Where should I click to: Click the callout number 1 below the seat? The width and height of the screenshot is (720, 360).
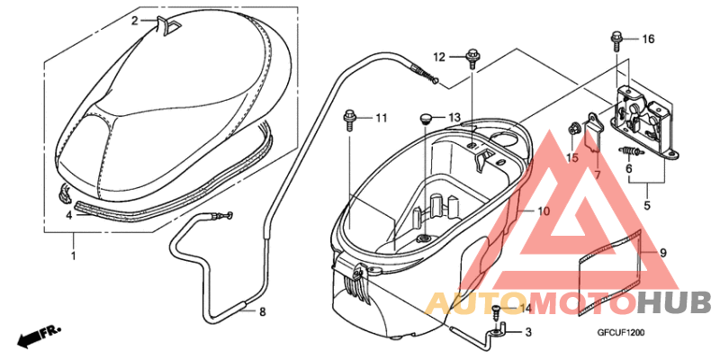click(x=74, y=256)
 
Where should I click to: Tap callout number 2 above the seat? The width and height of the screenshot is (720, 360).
click(x=135, y=20)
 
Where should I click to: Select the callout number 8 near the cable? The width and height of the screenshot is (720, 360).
click(x=263, y=312)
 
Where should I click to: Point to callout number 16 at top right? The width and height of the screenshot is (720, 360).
click(x=648, y=39)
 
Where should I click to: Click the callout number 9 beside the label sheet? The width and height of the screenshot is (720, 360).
click(x=662, y=253)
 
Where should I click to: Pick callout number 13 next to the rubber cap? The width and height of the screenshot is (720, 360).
click(x=454, y=118)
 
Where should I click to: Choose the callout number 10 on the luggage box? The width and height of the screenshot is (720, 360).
click(x=543, y=211)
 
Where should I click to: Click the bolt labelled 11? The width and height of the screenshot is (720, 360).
click(x=349, y=118)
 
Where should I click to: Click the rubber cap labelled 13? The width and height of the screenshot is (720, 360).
click(x=427, y=118)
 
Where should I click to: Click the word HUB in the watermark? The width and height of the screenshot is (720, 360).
click(x=675, y=302)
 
